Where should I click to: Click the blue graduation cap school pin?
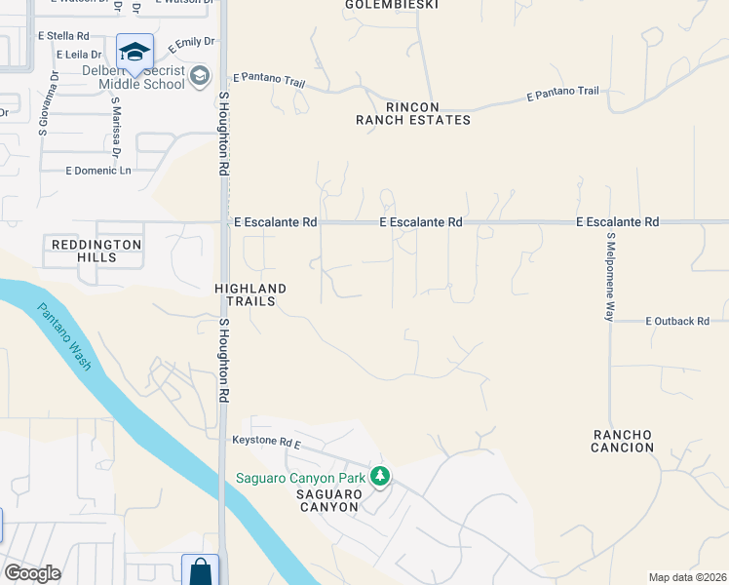[134, 52]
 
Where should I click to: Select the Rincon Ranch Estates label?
[412, 113]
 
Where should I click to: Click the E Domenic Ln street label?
[97, 171]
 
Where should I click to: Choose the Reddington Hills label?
[97, 251]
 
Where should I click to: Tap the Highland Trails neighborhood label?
[250, 295]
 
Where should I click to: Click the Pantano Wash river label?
[65, 337]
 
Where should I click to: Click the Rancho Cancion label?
[622, 441]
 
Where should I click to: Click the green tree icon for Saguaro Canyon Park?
[380, 477]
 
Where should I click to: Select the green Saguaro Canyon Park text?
[300, 478]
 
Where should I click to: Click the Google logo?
[32, 573]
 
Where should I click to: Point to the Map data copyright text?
[686, 577]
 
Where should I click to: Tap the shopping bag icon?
[200, 571]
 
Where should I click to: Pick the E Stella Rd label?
[63, 35]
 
